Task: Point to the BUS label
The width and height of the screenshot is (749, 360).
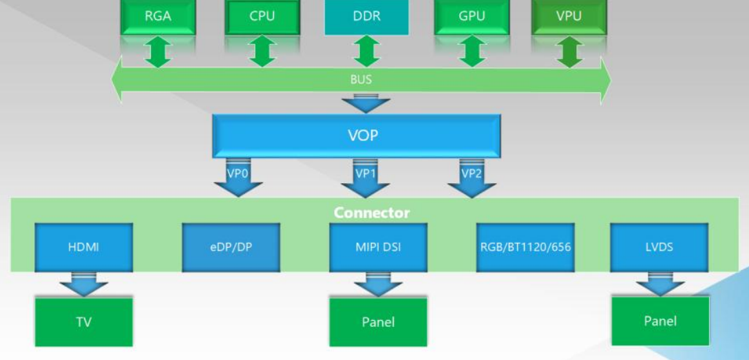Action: pyautogui.click(x=361, y=80)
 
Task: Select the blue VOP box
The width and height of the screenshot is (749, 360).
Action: pyautogui.click(x=363, y=136)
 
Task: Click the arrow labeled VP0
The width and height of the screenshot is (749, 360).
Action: pyautogui.click(x=238, y=179)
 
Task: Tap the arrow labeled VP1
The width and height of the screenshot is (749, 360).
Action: pyautogui.click(x=365, y=179)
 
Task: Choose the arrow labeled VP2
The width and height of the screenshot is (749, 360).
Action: pyautogui.click(x=472, y=179)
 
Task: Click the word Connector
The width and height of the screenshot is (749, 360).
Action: pyautogui.click(x=371, y=213)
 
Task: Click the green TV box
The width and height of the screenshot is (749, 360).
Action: pyautogui.click(x=83, y=321)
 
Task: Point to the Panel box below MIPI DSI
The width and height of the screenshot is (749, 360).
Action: pyautogui.click(x=378, y=321)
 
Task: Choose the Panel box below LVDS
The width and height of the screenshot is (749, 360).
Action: pyautogui.click(x=660, y=321)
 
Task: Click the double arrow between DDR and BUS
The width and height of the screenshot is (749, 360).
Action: pyautogui.click(x=366, y=52)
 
